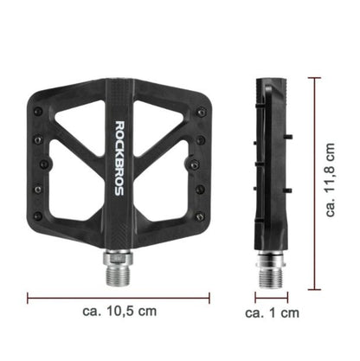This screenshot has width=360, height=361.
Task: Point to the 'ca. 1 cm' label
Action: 272,313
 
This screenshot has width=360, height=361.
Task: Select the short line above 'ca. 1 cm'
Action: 270,295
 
